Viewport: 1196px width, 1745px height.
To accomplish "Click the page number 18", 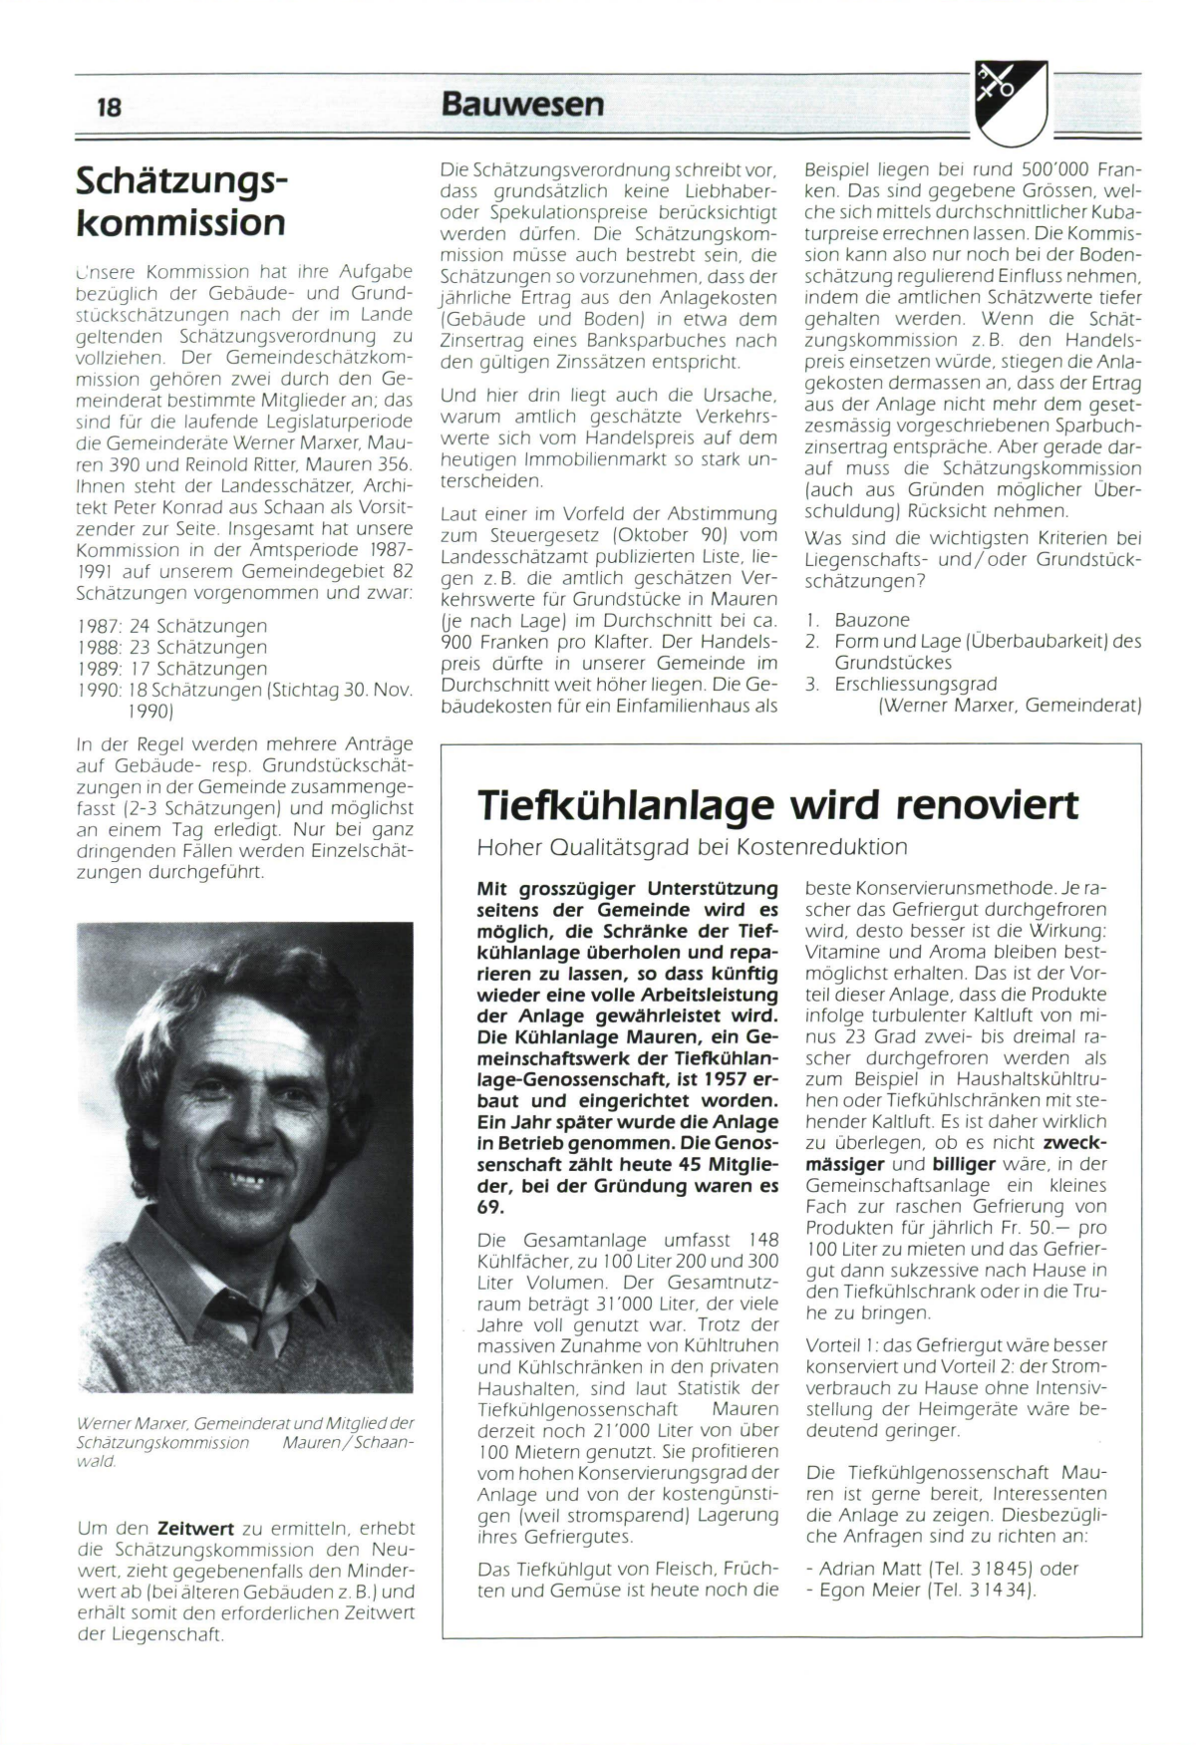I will (x=109, y=107).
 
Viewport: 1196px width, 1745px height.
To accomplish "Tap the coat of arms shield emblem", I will (x=1011, y=102).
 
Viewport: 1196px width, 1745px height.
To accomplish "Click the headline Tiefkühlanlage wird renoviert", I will (x=777, y=803).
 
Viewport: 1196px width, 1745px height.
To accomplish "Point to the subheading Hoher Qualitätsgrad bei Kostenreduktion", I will (x=693, y=847).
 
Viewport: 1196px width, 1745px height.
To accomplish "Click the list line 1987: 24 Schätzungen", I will (x=171, y=626).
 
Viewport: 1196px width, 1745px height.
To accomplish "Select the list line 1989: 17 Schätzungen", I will (x=171, y=668).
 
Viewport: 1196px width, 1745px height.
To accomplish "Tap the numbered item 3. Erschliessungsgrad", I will (x=902, y=684).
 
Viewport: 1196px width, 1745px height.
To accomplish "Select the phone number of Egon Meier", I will (x=988, y=1590).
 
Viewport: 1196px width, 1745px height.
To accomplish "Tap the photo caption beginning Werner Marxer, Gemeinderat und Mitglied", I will (x=244, y=1442).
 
